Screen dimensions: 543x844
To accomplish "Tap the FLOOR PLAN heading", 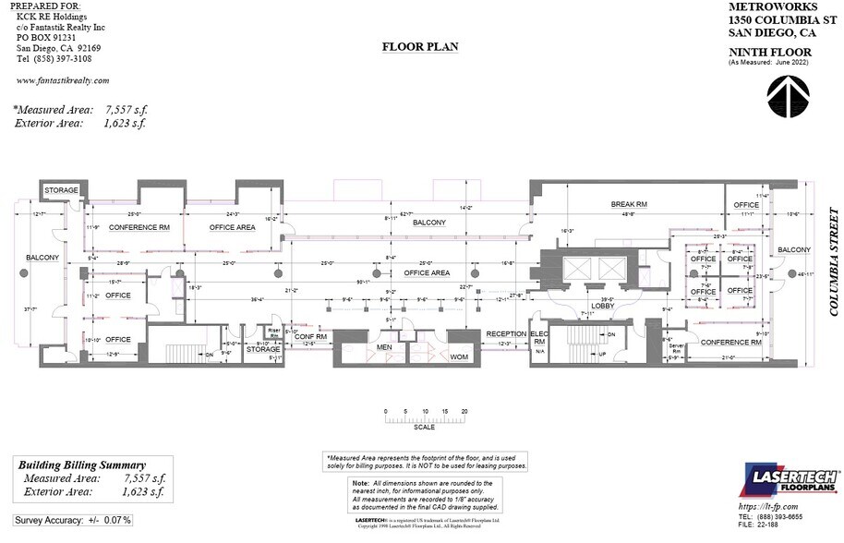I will (x=416, y=45).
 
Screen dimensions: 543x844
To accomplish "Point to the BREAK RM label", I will (x=629, y=204).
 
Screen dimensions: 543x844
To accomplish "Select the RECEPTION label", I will (x=506, y=333).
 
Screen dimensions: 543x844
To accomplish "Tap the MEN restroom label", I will (x=385, y=348).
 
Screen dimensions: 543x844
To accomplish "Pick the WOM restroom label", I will (x=459, y=355).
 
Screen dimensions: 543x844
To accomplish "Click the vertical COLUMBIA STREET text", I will (x=833, y=261).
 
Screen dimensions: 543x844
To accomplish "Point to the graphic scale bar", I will (x=425, y=419).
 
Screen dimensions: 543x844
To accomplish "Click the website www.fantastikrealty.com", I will (x=63, y=80).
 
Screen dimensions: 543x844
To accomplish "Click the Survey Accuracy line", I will (x=73, y=521).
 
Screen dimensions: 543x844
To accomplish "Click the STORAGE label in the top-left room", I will (x=62, y=190).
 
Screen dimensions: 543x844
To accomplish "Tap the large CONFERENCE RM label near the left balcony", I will (x=139, y=226).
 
